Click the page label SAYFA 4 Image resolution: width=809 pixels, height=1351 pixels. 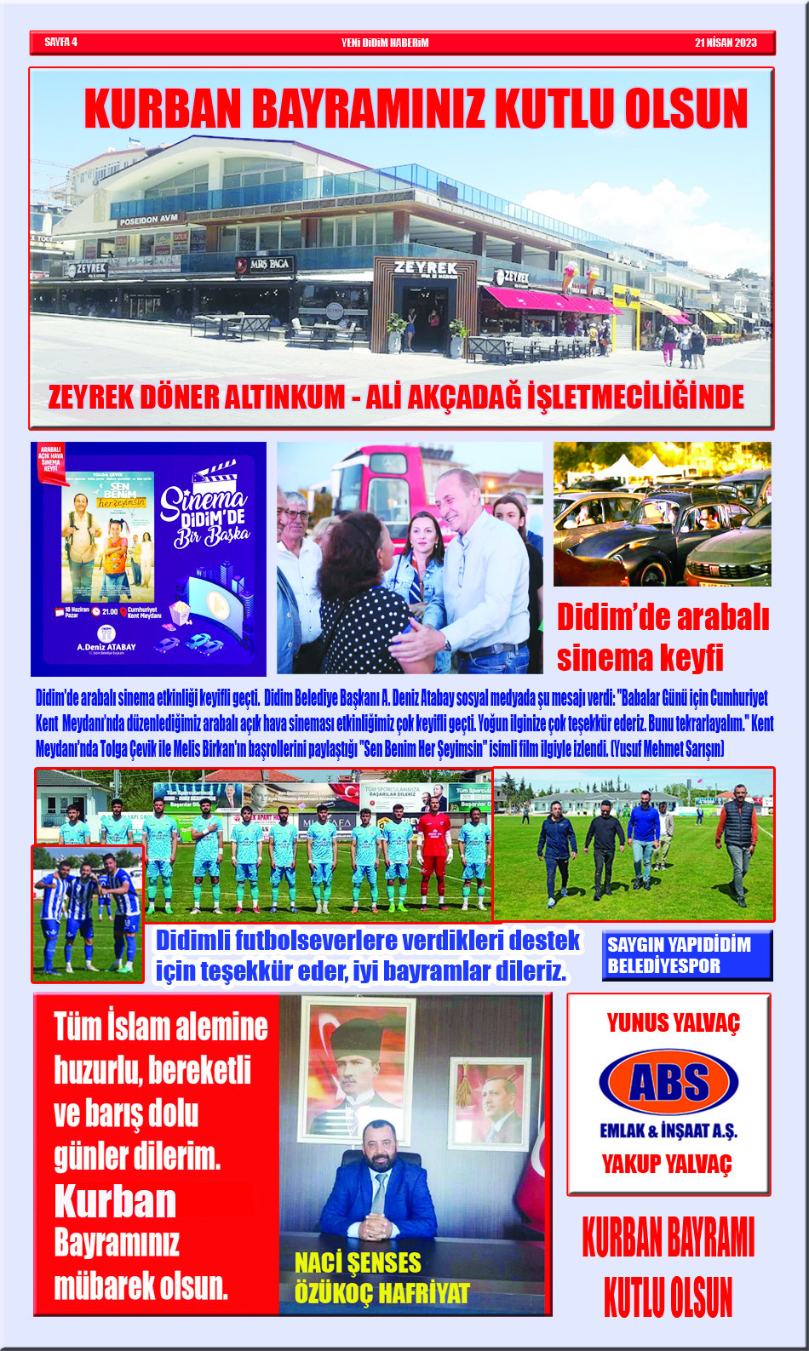click(x=60, y=42)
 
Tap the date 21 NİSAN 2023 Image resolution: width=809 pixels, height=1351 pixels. click(x=725, y=43)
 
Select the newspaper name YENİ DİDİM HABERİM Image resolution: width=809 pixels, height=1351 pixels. click(x=385, y=43)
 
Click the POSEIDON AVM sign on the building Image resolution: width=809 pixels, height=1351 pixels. click(x=150, y=220)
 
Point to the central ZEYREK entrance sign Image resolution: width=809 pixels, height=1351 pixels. click(x=426, y=267)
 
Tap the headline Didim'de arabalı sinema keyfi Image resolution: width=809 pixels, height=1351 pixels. click(x=663, y=637)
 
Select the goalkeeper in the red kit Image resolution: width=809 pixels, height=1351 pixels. click(x=434, y=847)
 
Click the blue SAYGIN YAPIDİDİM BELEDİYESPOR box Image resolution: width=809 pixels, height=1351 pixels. click(x=686, y=955)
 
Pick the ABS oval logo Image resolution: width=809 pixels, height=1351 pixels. click(x=668, y=1083)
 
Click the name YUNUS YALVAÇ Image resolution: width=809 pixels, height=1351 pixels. click(x=673, y=1022)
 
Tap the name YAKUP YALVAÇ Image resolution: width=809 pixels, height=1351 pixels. click(x=667, y=1164)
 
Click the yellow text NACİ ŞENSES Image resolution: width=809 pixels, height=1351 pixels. click(x=358, y=1262)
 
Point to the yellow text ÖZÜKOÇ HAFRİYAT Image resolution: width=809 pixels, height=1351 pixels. click(x=382, y=1293)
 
